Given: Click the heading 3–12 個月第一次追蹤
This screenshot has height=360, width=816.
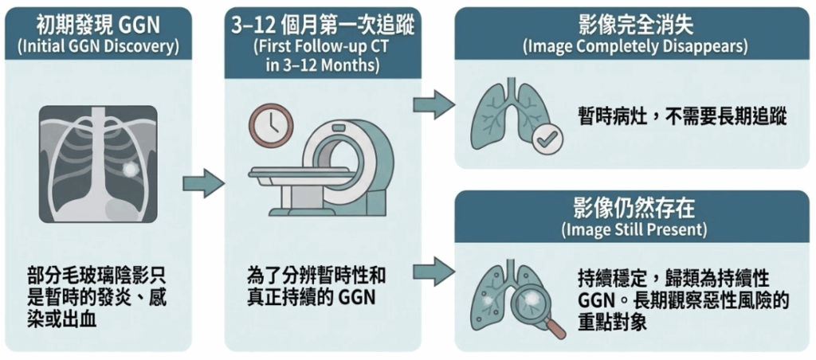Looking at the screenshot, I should (x=323, y=24).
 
